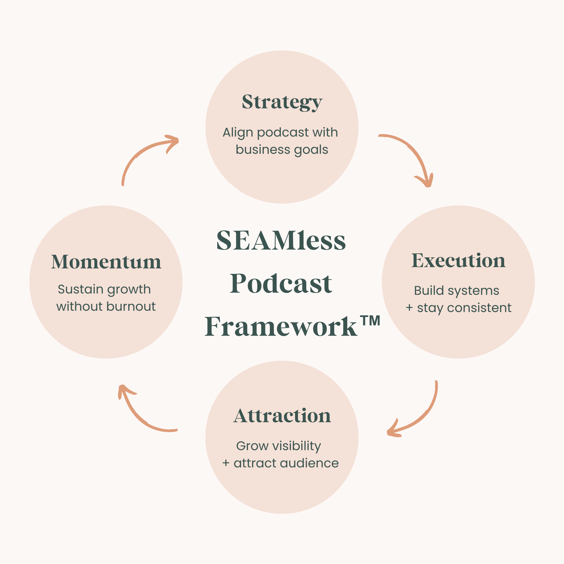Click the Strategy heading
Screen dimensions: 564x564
282,102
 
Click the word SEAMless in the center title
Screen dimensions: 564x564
281,240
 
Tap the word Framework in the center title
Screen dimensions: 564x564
281,326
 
